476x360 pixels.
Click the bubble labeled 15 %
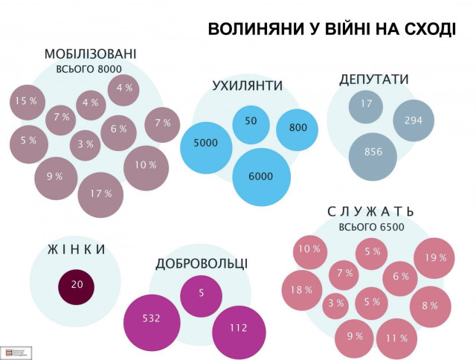tap(26, 101)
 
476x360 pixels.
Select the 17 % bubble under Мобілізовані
tap(100, 194)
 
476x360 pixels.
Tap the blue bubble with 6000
tap(261, 176)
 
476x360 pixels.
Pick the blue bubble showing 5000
tap(205, 143)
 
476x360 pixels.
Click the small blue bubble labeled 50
tap(251, 122)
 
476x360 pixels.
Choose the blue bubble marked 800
tap(297, 129)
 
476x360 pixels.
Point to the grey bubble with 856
tap(373, 154)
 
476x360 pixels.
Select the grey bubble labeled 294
tap(413, 120)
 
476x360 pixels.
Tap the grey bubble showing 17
tap(366, 105)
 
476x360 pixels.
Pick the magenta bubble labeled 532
tap(152, 320)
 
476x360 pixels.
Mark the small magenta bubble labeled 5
tap(200, 292)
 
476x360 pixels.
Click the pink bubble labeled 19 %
tap(434, 258)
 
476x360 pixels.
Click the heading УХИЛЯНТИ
tap(247, 85)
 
